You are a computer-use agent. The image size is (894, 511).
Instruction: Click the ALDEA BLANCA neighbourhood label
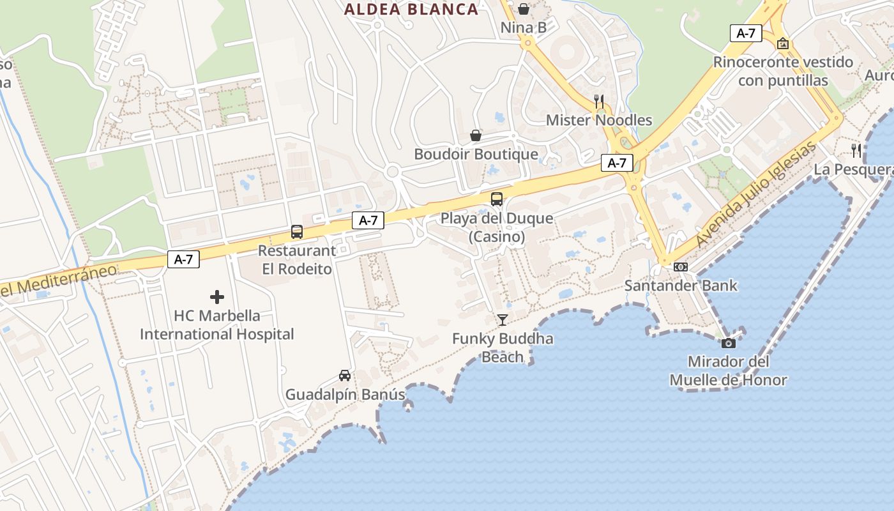coord(411,9)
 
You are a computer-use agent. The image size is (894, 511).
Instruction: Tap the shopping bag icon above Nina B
coord(524,9)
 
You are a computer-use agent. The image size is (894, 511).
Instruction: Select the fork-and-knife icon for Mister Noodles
coord(599,101)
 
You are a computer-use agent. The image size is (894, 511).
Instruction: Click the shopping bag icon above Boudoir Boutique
coord(476,135)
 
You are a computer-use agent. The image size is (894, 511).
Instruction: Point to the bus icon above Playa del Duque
coord(497,199)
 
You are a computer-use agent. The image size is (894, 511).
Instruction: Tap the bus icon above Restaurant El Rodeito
coord(297,232)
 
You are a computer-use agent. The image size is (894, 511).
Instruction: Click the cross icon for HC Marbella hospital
coord(217,297)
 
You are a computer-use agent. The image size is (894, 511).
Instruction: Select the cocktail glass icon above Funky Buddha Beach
coord(503,319)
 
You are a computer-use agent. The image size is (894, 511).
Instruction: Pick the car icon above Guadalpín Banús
coord(345,376)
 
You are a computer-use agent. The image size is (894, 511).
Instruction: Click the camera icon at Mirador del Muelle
coord(728,343)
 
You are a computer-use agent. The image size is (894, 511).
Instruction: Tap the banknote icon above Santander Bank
coord(681,267)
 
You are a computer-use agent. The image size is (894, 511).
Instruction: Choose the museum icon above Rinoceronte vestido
coord(783,43)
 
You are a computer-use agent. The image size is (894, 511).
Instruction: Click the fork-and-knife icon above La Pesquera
coord(856,151)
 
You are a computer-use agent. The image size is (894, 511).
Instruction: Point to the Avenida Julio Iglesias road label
coord(757,194)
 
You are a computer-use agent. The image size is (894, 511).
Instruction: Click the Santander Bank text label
coord(681,286)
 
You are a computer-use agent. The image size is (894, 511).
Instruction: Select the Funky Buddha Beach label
coord(503,347)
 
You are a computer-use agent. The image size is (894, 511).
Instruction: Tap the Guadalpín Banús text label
coord(345,395)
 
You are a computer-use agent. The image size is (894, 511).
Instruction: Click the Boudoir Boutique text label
coord(476,155)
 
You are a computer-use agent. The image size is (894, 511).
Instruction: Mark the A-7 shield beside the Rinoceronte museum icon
coord(746,33)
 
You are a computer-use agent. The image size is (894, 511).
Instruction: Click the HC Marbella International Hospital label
coord(217,325)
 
